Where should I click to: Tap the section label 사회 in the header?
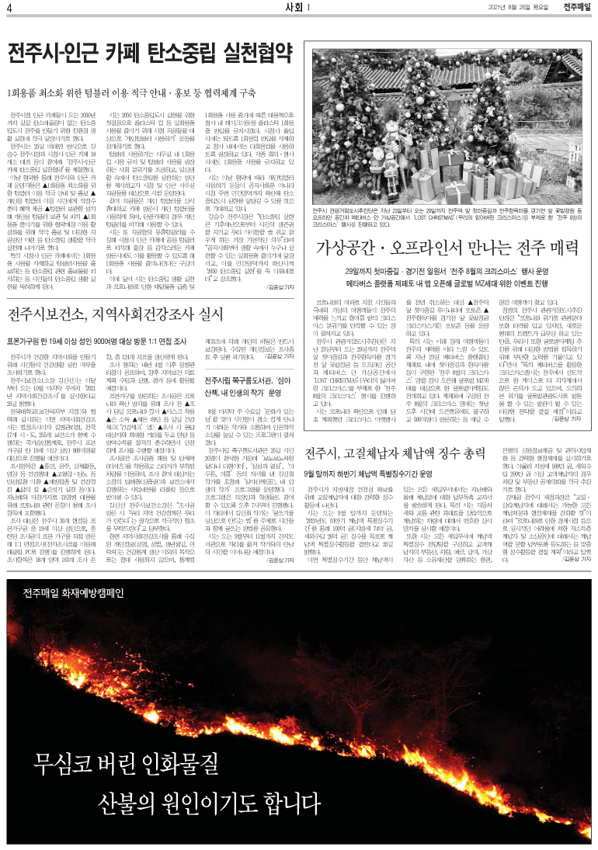tap(294, 8)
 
